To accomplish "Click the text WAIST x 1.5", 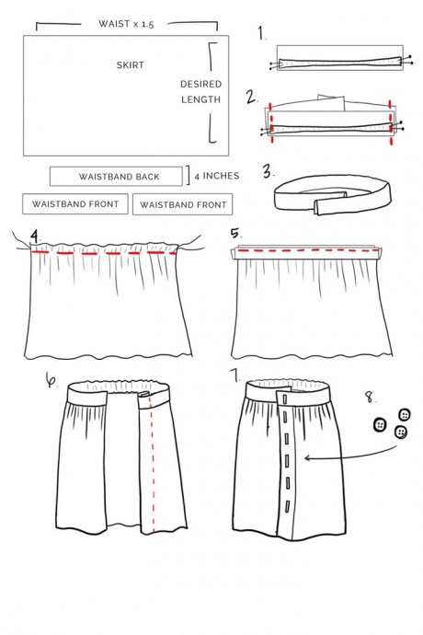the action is tap(126, 24).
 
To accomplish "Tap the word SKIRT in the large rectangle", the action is tap(131, 65).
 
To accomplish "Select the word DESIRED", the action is tap(201, 85).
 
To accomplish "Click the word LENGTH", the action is tap(201, 99).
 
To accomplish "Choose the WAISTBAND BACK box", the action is tap(116, 177).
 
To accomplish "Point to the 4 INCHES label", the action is tap(217, 176).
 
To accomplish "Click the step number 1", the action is tap(262, 33).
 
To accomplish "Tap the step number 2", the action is tap(251, 98).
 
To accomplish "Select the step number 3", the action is tap(268, 171).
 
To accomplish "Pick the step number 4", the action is tap(36, 237).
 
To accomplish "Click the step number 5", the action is tap(235, 234).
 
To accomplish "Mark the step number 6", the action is tap(51, 380).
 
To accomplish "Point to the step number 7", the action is tap(234, 375).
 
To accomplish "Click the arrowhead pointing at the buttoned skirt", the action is tap(308, 457).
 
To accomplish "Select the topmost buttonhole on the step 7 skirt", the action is tap(284, 399).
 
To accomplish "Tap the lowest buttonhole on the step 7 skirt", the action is tap(288, 507).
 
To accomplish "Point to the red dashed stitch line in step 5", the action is tap(308, 250).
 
